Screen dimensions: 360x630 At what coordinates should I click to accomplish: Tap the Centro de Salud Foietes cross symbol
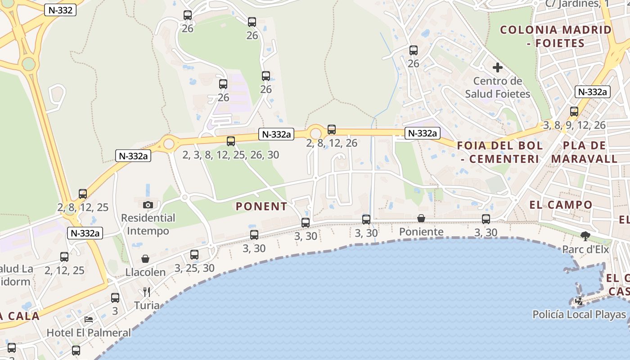(x=497, y=67)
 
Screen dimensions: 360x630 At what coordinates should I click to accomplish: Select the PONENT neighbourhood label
(x=261, y=207)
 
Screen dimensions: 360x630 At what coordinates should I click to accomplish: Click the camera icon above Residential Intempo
(x=148, y=205)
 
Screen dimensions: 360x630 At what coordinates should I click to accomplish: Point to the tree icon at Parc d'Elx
(x=585, y=235)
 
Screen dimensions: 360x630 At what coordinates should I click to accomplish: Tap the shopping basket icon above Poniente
(x=421, y=218)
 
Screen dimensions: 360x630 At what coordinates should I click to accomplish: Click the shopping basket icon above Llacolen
(x=145, y=258)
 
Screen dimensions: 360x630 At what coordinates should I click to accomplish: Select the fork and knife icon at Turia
(x=146, y=292)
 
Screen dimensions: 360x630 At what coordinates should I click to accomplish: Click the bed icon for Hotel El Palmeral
(x=89, y=319)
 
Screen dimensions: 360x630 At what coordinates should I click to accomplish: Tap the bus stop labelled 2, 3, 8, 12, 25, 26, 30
(x=231, y=141)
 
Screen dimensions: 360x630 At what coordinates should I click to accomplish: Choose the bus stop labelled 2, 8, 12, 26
(x=332, y=130)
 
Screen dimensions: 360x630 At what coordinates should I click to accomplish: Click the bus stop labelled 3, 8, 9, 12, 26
(x=574, y=112)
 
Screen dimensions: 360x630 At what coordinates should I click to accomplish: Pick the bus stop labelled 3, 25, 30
(x=194, y=255)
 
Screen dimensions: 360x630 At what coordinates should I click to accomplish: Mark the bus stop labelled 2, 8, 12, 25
(x=83, y=194)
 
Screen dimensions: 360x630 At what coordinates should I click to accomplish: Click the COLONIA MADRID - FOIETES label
(x=556, y=36)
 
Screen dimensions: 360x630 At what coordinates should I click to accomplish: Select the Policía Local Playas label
(x=579, y=315)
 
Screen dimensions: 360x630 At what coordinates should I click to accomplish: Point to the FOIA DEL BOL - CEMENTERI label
(x=500, y=152)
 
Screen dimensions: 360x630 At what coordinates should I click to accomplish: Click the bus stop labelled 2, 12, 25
(x=64, y=257)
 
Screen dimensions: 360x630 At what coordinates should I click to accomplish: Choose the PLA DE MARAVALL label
(x=584, y=152)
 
